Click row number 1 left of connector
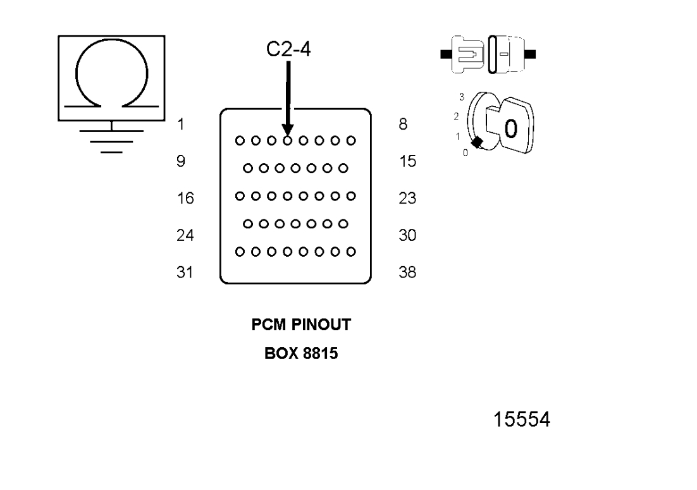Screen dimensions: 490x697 pyautogui.click(x=181, y=125)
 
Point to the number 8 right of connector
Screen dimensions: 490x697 pyautogui.click(x=403, y=125)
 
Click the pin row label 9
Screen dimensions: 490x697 pyautogui.click(x=181, y=161)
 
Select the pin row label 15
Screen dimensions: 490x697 pyautogui.click(x=408, y=161)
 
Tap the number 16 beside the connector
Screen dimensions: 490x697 pyautogui.click(x=185, y=199)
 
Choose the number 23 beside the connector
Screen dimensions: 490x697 pyautogui.click(x=408, y=199)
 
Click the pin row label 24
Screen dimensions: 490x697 pyautogui.click(x=185, y=235)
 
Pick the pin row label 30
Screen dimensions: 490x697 pyautogui.click(x=408, y=235)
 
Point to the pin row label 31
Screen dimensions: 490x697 pyautogui.click(x=185, y=273)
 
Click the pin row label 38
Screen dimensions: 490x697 pyautogui.click(x=408, y=273)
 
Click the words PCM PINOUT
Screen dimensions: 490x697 pyautogui.click(x=294, y=329)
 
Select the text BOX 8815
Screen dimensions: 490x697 pyautogui.click(x=294, y=353)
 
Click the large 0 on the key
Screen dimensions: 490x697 pyautogui.click(x=510, y=128)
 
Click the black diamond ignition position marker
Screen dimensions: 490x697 pyautogui.click(x=478, y=143)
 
